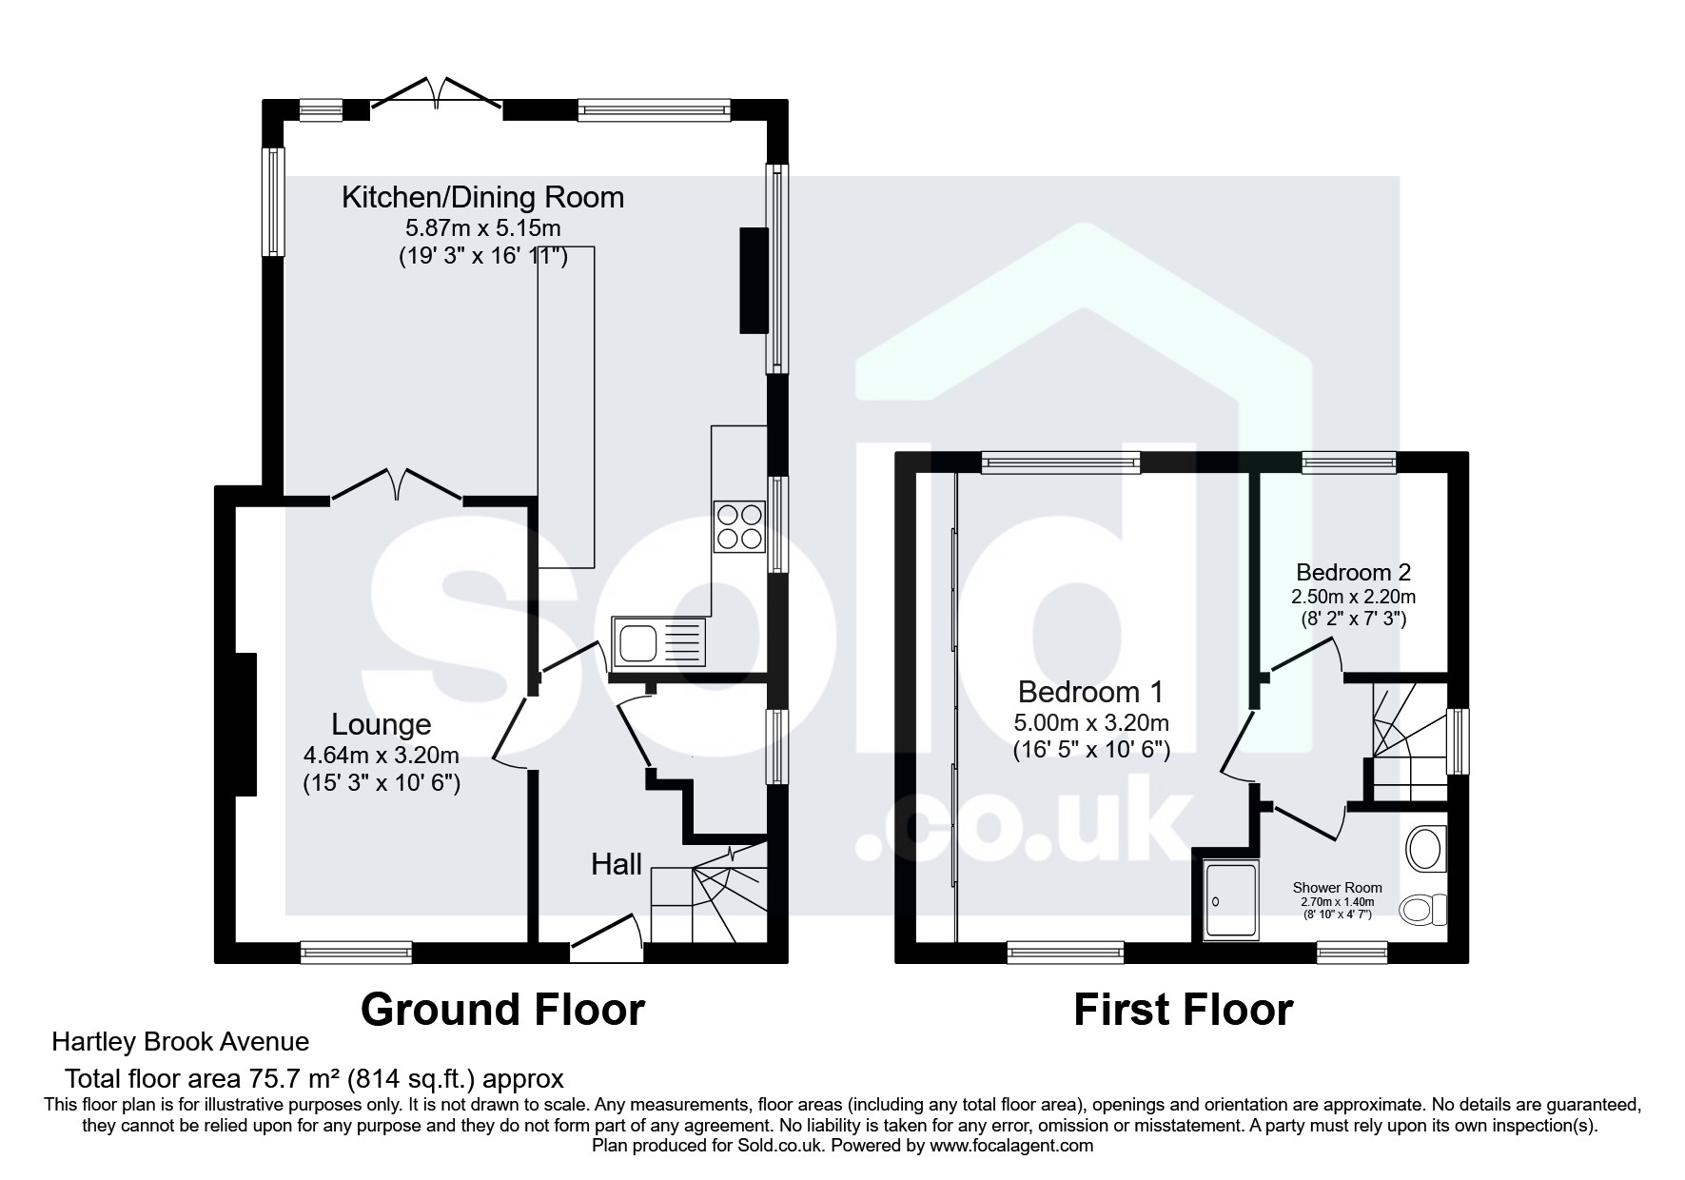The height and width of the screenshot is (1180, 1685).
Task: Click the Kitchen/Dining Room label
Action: coord(482,198)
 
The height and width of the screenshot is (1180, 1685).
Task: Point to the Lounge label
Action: coord(381,724)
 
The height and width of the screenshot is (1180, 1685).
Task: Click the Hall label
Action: coord(617,864)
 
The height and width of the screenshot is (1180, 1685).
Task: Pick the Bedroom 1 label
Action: coord(1090,691)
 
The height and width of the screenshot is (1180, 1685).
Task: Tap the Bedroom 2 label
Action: coord(1353,572)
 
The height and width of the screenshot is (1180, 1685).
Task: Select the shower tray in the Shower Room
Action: coord(1230,900)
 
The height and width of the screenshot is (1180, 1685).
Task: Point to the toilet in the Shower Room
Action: coord(1423,911)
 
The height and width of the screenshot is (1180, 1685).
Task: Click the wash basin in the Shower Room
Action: coord(1426,849)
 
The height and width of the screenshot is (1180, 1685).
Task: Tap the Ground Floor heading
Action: coord(502,1009)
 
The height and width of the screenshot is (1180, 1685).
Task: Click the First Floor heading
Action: coord(1183,1009)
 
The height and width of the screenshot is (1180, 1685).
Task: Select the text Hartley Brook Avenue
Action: coord(180,1042)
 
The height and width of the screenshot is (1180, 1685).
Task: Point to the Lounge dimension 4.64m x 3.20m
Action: coord(381,756)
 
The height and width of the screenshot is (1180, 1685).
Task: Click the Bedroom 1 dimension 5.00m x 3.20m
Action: coord(1091,723)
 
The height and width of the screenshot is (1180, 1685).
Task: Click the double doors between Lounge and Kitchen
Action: coord(397,482)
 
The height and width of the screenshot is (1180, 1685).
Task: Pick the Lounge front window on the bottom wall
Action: coord(356,951)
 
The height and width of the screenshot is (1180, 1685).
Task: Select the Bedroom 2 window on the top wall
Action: coord(1348,462)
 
